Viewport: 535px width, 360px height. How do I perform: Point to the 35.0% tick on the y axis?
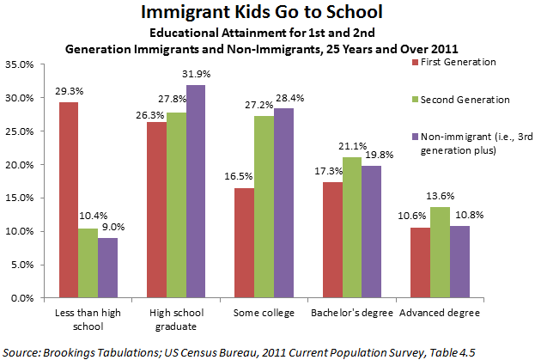point(20,64)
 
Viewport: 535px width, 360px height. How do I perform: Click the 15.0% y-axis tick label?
point(20,198)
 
